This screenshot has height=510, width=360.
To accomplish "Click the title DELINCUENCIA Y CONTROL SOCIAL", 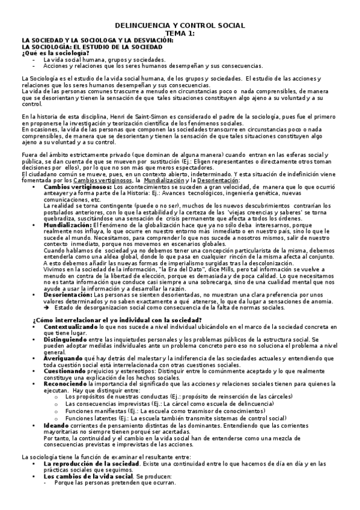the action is (180, 25).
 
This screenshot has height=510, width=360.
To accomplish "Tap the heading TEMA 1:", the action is (180, 33).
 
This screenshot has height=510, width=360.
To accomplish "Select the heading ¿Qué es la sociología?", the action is (52, 53).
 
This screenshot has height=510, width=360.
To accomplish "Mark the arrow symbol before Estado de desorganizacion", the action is (47, 307).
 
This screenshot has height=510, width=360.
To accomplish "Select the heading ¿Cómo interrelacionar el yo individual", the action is (117, 319).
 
